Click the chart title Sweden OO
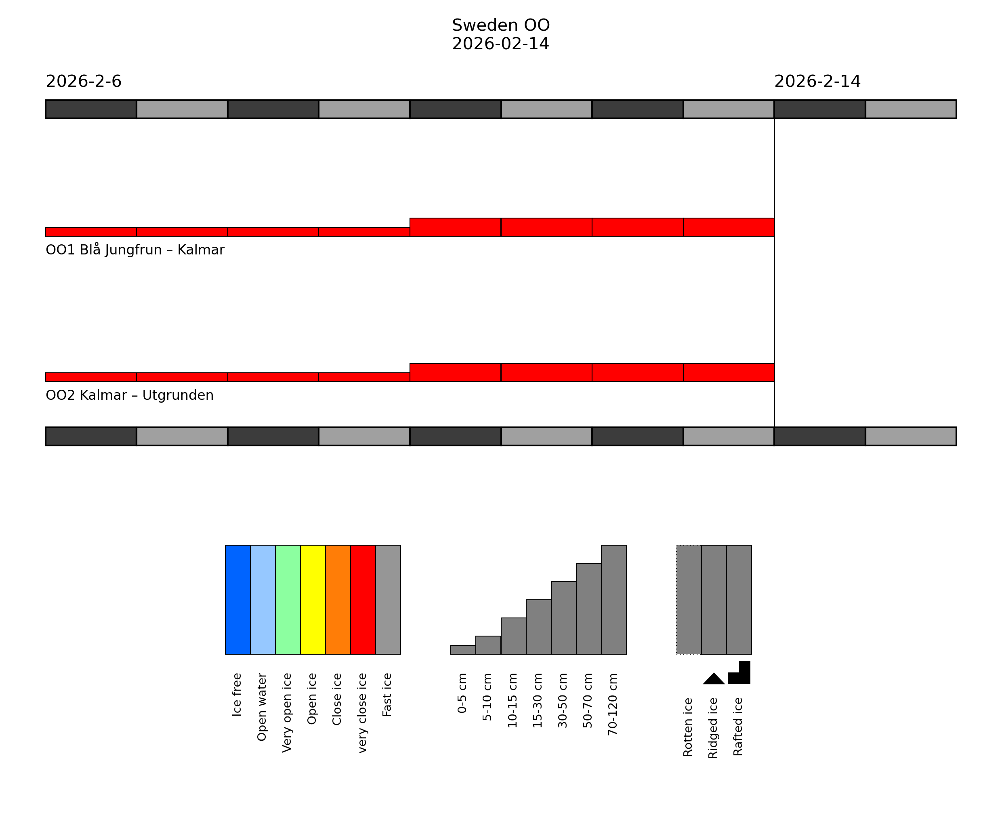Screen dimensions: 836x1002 (500, 25)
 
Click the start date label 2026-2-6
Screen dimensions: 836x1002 (84, 82)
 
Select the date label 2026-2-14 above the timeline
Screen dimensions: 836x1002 (817, 82)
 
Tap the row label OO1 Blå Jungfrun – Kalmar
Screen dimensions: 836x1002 (135, 250)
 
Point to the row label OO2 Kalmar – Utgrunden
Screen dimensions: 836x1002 (129, 395)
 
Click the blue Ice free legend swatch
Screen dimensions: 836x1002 (237, 599)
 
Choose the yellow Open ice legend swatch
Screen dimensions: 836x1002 (313, 599)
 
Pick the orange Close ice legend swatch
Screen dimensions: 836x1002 (338, 599)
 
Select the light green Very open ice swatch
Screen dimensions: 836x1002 (288, 599)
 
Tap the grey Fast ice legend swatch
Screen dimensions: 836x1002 (388, 599)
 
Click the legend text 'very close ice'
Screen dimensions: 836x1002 (362, 713)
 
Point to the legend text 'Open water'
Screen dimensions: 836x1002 (262, 707)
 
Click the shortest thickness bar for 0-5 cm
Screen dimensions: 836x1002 (463, 649)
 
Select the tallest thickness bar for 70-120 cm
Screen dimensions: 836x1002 (613, 599)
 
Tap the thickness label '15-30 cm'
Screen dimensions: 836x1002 (538, 700)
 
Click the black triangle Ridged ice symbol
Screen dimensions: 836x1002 (714, 679)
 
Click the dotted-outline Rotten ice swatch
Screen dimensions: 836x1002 (689, 599)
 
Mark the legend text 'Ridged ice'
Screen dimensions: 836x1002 (713, 728)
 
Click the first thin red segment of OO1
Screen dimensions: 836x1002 (90, 231)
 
